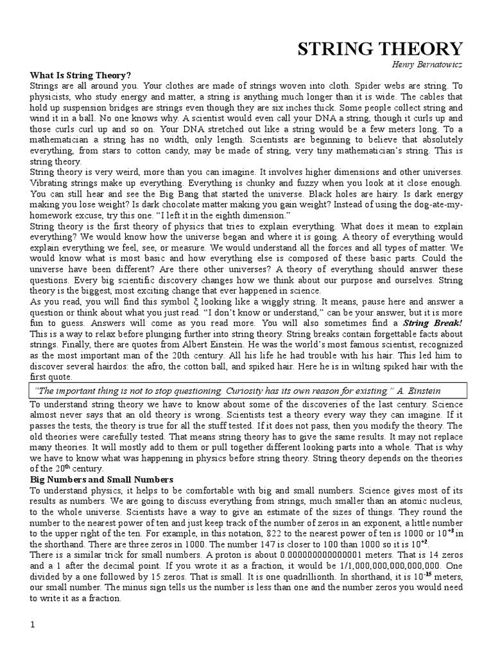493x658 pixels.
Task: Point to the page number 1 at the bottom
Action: coord(33,625)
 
